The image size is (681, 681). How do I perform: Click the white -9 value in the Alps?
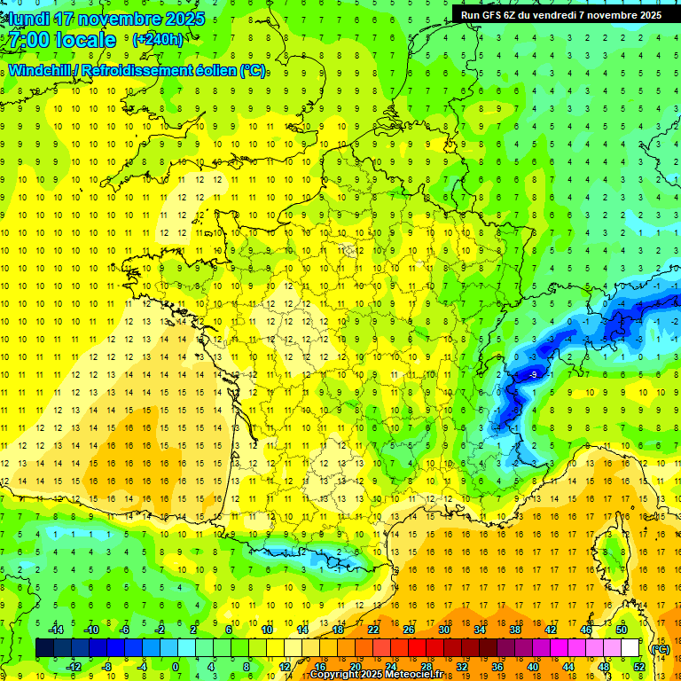[533, 375]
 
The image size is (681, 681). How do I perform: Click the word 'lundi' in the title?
[27, 19]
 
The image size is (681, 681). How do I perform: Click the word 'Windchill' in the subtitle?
[41, 70]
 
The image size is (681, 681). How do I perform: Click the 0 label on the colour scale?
[176, 667]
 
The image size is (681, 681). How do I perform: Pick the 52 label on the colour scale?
[639, 667]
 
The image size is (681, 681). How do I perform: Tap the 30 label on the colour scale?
[443, 630]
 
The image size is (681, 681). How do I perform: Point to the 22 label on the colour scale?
[373, 630]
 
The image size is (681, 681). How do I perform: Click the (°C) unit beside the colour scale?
[660, 649]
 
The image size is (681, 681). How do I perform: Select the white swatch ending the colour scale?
[630, 648]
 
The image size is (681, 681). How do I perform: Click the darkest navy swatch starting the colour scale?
[44, 648]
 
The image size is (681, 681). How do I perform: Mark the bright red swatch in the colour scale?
[418, 648]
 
